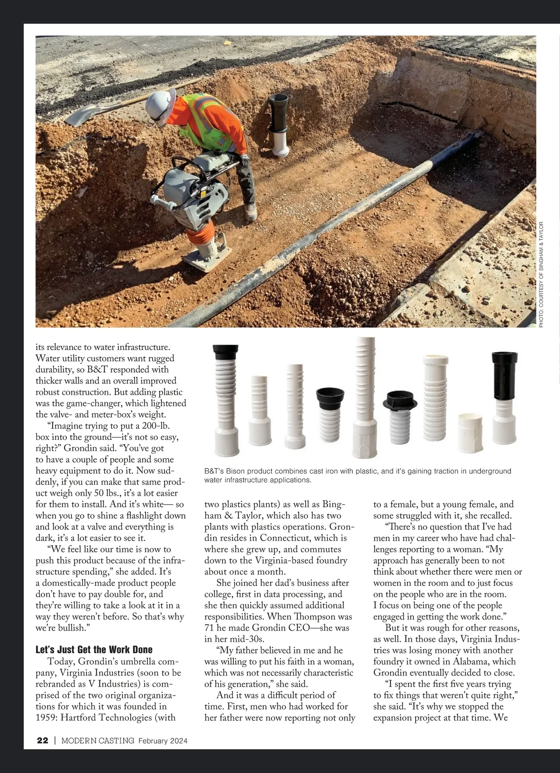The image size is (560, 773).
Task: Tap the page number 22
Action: (42, 740)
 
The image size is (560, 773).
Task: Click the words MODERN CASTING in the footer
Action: (98, 740)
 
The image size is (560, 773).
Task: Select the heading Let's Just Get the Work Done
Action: (94, 650)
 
